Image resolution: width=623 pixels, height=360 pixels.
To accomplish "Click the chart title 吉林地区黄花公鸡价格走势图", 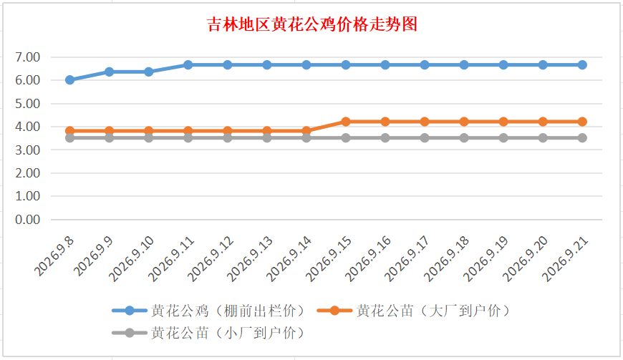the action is [312, 24].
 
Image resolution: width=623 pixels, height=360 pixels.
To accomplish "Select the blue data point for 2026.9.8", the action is [70, 79].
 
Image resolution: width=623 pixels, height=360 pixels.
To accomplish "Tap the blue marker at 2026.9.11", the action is [188, 64].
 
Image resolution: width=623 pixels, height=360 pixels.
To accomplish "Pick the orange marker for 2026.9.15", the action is [346, 122].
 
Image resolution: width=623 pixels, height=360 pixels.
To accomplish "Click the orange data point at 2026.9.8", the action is [70, 130].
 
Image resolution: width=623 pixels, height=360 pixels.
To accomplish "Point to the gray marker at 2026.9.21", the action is [582, 137].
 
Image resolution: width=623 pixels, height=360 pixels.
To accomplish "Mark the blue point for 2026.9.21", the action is [582, 64].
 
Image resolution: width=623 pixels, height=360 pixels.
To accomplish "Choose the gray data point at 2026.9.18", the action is [464, 137].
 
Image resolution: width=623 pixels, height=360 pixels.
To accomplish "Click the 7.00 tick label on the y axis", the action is [27, 57].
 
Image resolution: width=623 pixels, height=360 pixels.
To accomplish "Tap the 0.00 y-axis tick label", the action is [27, 220].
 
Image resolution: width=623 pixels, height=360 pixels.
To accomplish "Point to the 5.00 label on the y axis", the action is [27, 104].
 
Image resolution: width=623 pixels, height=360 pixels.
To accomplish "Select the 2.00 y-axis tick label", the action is [27, 173].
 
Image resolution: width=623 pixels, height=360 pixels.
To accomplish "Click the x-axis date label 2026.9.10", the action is [132, 258].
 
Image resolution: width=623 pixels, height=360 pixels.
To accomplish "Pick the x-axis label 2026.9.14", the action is [289, 258].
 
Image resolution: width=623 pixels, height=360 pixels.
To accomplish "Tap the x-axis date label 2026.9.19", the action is [486, 258].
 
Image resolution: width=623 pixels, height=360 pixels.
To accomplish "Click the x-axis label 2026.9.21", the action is [565, 258].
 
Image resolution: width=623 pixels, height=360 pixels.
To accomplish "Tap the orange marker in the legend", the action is [334, 311].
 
